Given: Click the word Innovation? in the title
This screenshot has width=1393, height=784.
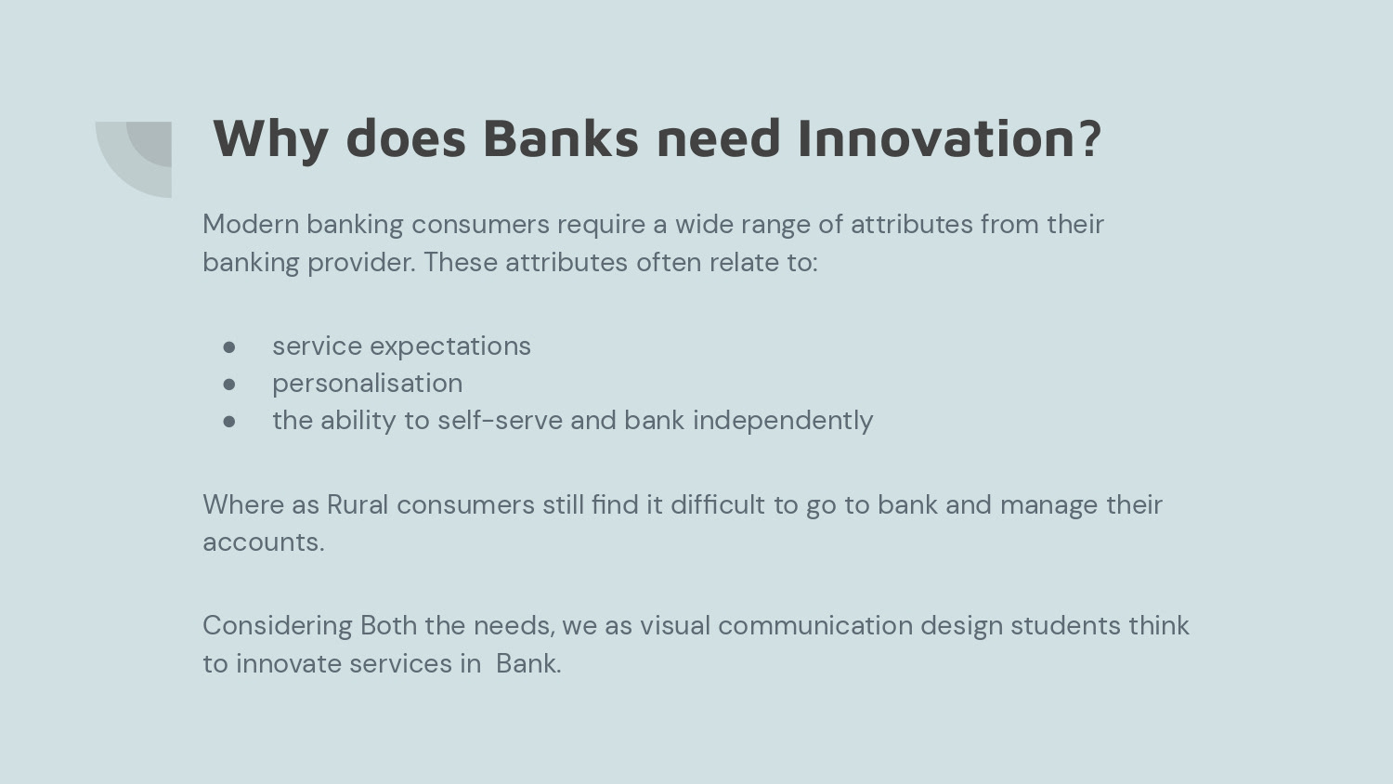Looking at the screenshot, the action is [x=950, y=138].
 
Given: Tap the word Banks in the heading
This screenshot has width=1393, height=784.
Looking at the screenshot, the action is [x=561, y=138].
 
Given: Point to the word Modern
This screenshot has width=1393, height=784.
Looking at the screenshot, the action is [x=251, y=224].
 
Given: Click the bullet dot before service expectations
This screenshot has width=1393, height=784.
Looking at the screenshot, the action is [x=228, y=346].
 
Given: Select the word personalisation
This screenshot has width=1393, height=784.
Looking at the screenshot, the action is [x=368, y=384].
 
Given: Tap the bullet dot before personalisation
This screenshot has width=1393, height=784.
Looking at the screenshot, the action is [x=228, y=384].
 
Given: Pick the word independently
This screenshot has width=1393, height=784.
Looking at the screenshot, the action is [x=783, y=421].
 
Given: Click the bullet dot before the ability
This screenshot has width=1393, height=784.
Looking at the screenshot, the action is [x=228, y=421].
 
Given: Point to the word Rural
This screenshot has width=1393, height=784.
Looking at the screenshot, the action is [x=358, y=504].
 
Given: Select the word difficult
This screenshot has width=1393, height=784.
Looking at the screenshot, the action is [x=718, y=504].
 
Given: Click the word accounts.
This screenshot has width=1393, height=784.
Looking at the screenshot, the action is [x=264, y=542].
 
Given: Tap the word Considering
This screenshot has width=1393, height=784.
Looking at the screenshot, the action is [x=278, y=626].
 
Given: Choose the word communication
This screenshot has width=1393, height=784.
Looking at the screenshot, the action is [x=815, y=625].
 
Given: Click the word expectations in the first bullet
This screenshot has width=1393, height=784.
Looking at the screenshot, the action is [x=450, y=346].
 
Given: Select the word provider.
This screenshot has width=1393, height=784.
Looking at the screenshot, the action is [x=361, y=263].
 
